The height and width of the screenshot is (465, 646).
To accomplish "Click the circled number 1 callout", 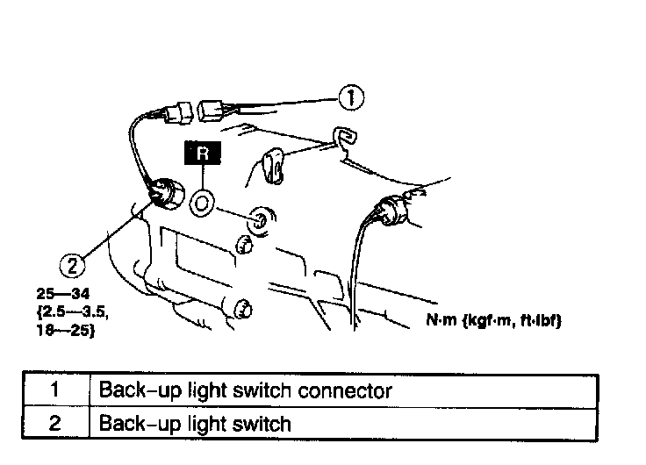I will point(351,98).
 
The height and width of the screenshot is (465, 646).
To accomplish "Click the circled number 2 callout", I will point(73,261).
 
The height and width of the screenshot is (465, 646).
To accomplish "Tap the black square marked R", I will point(203,154).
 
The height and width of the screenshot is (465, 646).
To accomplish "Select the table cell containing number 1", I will point(54,389).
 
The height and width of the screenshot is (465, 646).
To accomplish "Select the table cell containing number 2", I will point(54,424).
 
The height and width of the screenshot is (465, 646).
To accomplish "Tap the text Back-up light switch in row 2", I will point(195,424).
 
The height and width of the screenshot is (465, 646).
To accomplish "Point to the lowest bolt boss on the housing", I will point(242,307).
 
